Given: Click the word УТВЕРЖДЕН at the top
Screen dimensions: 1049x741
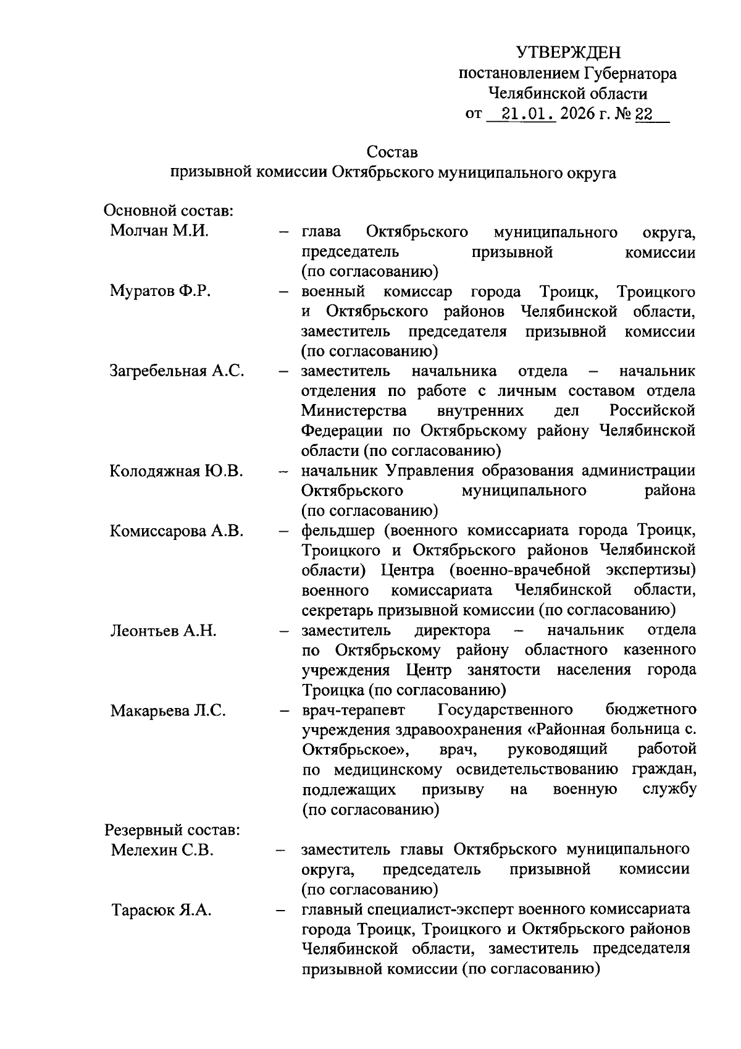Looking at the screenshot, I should tap(568, 53).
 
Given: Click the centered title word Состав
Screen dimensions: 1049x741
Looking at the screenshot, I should tap(392, 151).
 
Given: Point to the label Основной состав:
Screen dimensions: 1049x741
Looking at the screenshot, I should tap(168, 211).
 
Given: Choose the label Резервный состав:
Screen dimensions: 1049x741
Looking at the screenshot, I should tap(172, 829).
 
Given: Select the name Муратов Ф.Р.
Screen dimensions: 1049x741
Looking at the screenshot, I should tap(161, 291).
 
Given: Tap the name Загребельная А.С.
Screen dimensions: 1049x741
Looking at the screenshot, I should tap(177, 371).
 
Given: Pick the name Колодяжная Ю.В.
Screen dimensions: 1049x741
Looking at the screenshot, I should tap(176, 471).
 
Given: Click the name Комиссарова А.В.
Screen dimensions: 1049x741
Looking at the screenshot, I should tap(177, 531).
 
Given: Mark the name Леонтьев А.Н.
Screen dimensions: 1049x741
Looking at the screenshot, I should tap(163, 631).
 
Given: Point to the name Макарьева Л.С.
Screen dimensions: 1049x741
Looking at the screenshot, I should tap(168, 710).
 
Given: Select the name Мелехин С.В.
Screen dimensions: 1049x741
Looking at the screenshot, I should tap(162, 850).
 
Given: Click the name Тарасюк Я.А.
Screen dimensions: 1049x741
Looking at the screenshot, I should tap(161, 910).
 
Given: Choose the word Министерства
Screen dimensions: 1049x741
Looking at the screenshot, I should tap(354, 411).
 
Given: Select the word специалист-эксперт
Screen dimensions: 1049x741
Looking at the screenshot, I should tap(438, 909).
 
